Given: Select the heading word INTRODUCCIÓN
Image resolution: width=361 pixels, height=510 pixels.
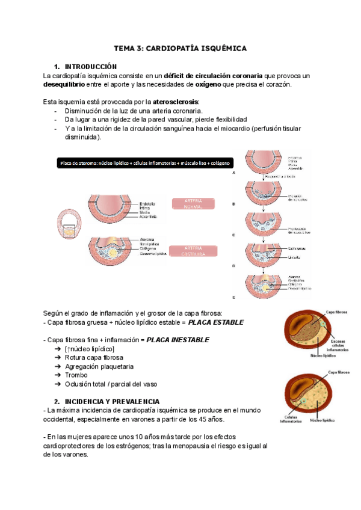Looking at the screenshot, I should pyautogui.click(x=90, y=66).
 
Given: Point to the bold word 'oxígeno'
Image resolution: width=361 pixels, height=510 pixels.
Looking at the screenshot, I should pyautogui.click(x=206, y=84).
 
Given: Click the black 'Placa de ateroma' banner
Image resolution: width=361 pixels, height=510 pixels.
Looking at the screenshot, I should pyautogui.click(x=146, y=163).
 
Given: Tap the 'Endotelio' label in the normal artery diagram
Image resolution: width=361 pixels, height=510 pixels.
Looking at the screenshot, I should pyautogui.click(x=147, y=203).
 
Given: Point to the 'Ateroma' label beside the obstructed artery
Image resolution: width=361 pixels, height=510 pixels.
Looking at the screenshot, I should pyautogui.click(x=146, y=239).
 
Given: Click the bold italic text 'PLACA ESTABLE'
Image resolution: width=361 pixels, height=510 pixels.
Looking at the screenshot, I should pyautogui.click(x=216, y=322).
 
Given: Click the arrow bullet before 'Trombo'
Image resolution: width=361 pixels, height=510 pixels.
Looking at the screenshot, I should pyautogui.click(x=57, y=375).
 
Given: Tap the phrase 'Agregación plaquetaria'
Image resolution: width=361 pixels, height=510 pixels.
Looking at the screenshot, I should pyautogui.click(x=99, y=366).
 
